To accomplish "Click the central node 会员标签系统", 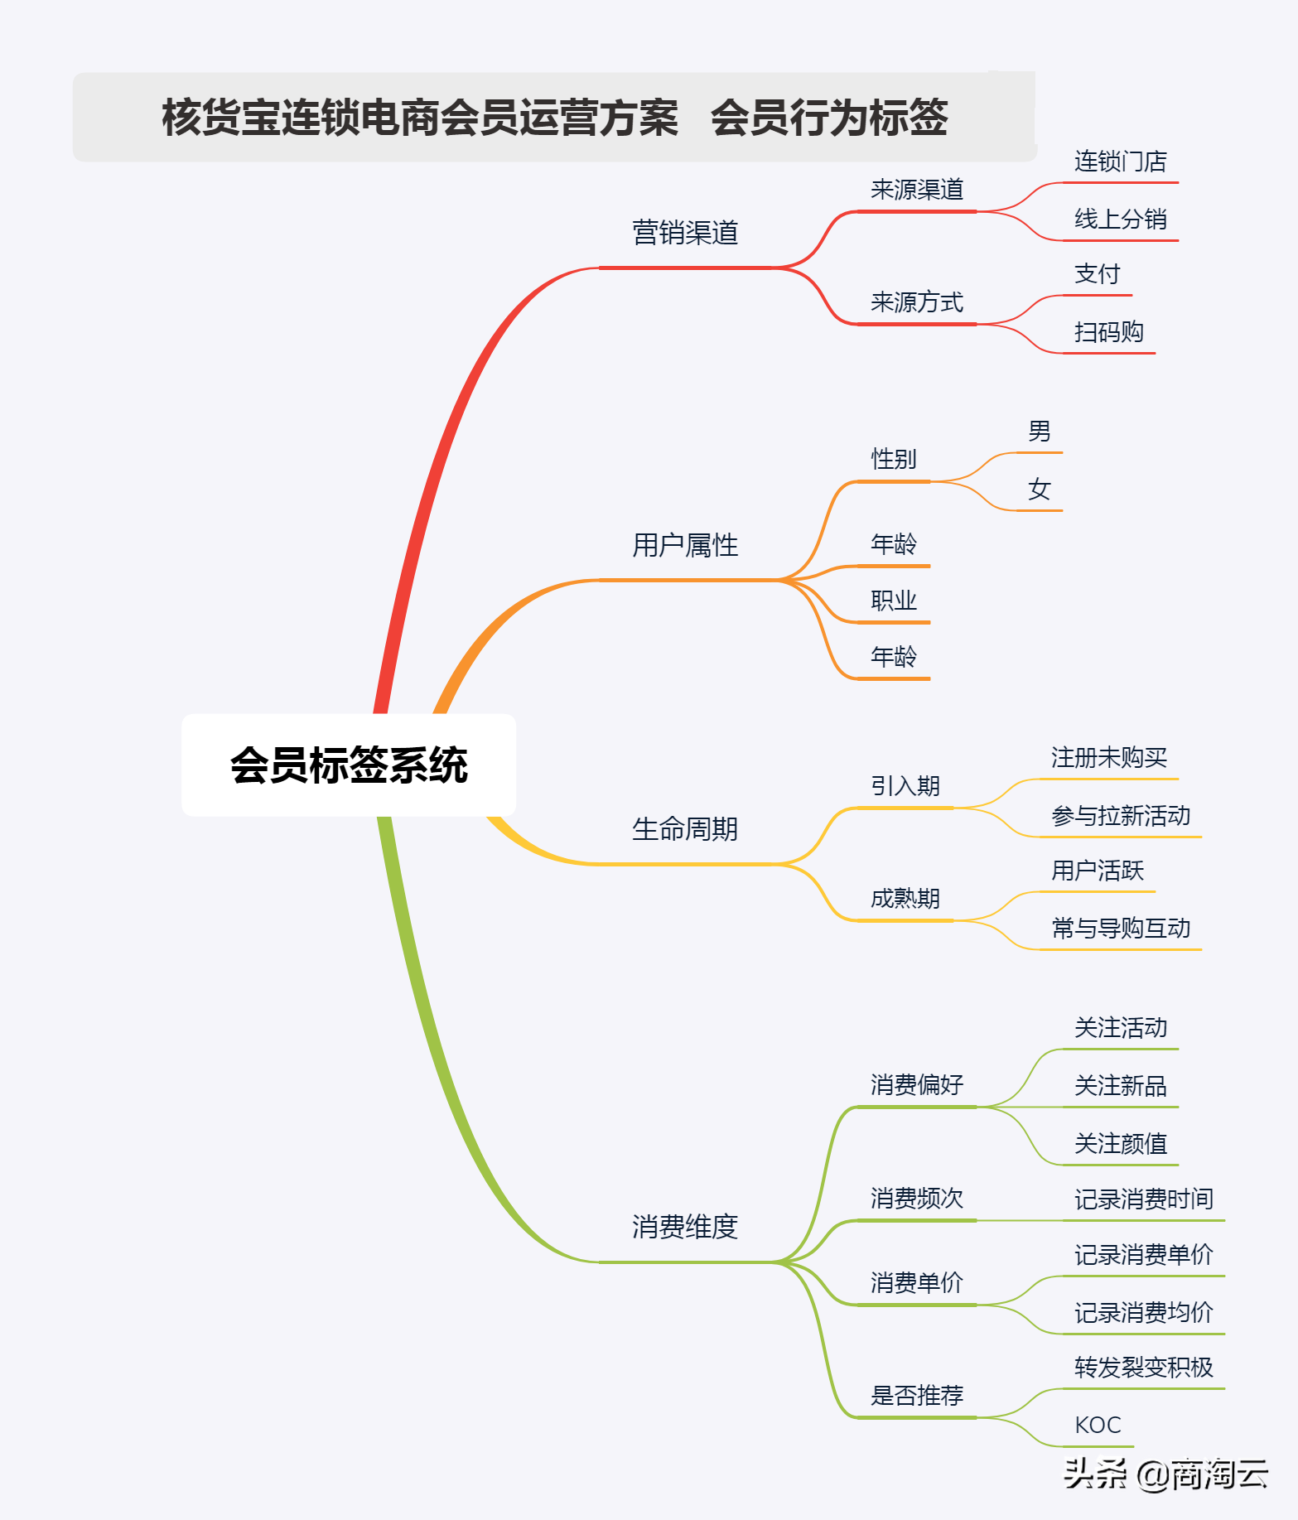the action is [349, 765].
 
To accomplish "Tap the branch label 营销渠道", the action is [685, 233].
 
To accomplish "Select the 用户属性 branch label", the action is [685, 545].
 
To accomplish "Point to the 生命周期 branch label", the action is [685, 829].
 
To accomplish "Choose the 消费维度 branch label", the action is [685, 1227].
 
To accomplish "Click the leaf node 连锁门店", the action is [1121, 162].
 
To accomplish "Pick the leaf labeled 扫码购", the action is [1109, 332].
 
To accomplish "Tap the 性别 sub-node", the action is [894, 459].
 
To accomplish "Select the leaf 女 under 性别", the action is [1040, 490].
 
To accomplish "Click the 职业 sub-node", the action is [894, 601].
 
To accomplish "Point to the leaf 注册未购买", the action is [1109, 757].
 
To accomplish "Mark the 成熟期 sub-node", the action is [905, 899].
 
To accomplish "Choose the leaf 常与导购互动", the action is [1121, 929].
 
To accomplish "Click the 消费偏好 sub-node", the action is [917, 1085].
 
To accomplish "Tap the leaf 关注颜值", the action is [1121, 1144].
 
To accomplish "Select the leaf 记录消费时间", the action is [1144, 1199].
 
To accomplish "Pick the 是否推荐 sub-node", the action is [917, 1396].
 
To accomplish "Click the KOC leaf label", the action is [1098, 1426].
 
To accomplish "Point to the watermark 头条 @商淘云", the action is [1165, 1474].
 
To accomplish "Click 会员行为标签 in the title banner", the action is [829, 117].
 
